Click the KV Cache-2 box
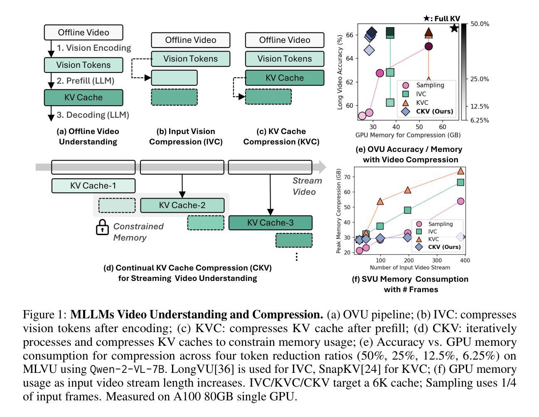(x=182, y=206)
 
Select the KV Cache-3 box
(x=270, y=223)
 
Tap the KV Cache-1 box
(x=93, y=186)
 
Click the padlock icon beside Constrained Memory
(x=102, y=228)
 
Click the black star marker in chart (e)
(x=454, y=28)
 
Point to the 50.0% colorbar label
(x=480, y=24)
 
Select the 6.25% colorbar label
(x=480, y=120)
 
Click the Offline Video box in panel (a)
(x=84, y=32)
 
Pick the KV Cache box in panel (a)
(x=84, y=97)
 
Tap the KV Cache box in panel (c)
(x=284, y=78)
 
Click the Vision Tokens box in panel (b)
(x=190, y=59)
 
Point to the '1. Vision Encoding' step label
(x=94, y=48)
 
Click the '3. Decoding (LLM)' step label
(x=93, y=115)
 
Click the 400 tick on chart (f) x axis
(x=465, y=261)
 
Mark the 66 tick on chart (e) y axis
(x=349, y=35)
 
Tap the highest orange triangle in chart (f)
(x=460, y=171)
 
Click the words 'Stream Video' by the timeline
(x=307, y=186)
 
